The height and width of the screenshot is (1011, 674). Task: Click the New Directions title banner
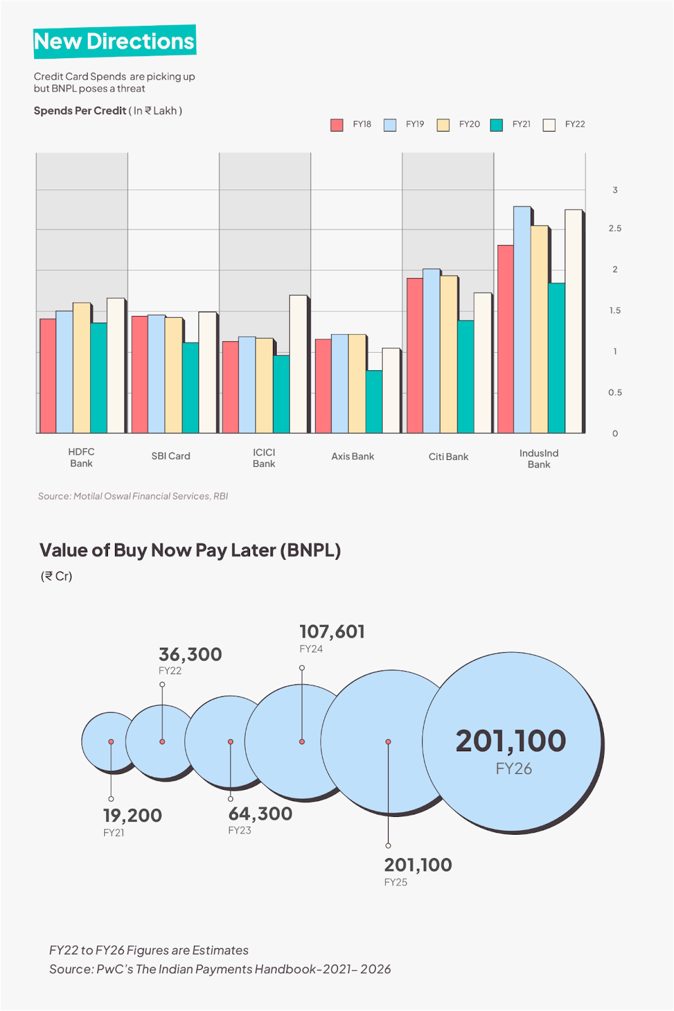pyautogui.click(x=114, y=42)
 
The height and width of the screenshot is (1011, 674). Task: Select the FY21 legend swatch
pyautogui.click(x=496, y=125)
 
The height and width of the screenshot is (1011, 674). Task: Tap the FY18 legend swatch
pyautogui.click(x=337, y=125)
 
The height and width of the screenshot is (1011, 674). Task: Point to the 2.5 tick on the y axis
pyautogui.click(x=615, y=229)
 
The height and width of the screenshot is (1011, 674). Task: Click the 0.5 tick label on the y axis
pyautogui.click(x=615, y=393)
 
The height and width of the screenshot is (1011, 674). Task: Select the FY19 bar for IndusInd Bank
pyautogui.click(x=522, y=319)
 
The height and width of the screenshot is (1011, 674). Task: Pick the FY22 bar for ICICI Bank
pyautogui.click(x=298, y=364)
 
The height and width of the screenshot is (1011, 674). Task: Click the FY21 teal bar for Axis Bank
pyautogui.click(x=374, y=401)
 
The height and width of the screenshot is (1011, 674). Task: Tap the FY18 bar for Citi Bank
pyautogui.click(x=414, y=355)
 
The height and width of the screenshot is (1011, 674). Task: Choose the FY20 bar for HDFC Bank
pyautogui.click(x=81, y=368)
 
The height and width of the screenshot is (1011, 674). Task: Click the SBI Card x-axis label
pyautogui.click(x=171, y=456)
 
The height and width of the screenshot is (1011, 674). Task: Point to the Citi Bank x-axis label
pyautogui.click(x=448, y=457)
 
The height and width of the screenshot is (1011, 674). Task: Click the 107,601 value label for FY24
pyautogui.click(x=332, y=632)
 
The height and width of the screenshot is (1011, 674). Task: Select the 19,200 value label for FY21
pyautogui.click(x=133, y=816)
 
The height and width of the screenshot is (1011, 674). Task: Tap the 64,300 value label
pyautogui.click(x=260, y=814)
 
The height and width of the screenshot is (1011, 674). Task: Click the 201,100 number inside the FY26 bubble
pyautogui.click(x=510, y=741)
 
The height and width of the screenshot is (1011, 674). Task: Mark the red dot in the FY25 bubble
pyautogui.click(x=388, y=742)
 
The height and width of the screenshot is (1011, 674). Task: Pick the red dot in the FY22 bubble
pyautogui.click(x=162, y=742)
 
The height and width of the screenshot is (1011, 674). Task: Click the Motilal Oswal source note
pyautogui.click(x=133, y=497)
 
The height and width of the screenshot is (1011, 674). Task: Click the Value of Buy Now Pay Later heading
pyautogui.click(x=190, y=550)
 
